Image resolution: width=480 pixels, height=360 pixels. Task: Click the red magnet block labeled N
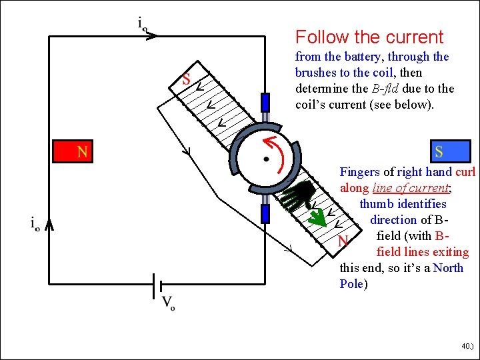coord(73,151)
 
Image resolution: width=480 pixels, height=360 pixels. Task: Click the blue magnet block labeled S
coord(451,151)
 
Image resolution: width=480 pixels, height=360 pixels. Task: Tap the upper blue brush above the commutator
coord(265,103)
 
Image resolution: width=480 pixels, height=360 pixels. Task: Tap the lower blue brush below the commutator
coord(265,213)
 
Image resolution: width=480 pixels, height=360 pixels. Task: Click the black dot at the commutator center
coord(267,159)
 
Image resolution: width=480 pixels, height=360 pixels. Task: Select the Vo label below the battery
coord(168,303)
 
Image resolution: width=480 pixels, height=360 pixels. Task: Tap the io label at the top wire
coord(143,23)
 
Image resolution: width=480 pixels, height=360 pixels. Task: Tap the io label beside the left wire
coord(35,223)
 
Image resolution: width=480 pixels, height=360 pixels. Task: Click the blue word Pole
coord(351,284)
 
